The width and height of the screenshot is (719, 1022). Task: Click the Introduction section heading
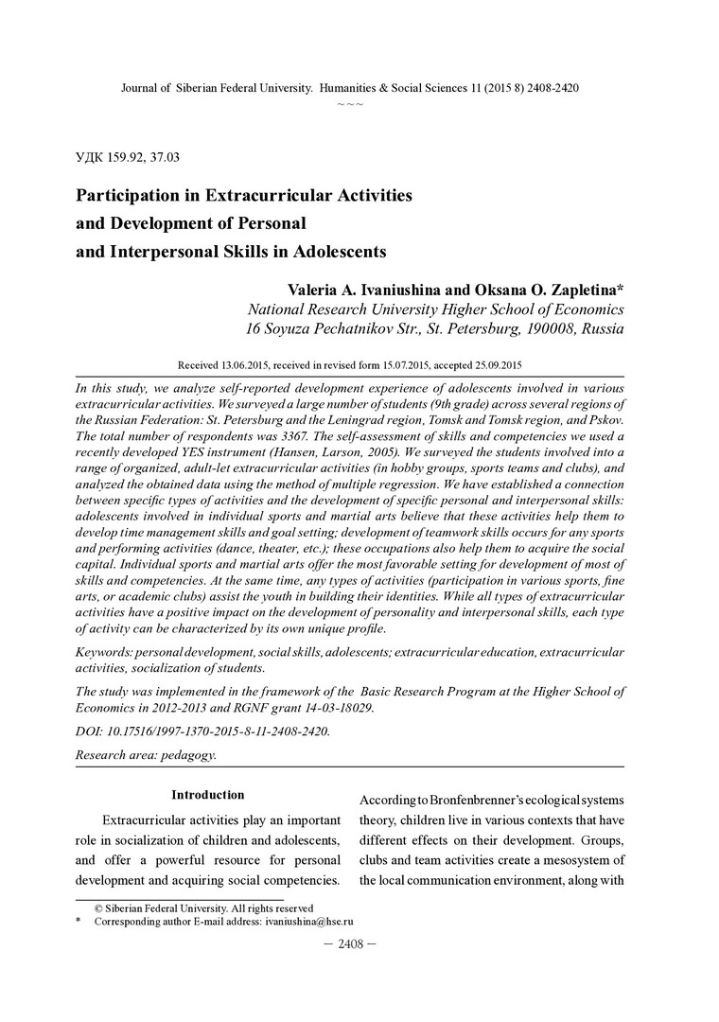click(207, 795)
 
